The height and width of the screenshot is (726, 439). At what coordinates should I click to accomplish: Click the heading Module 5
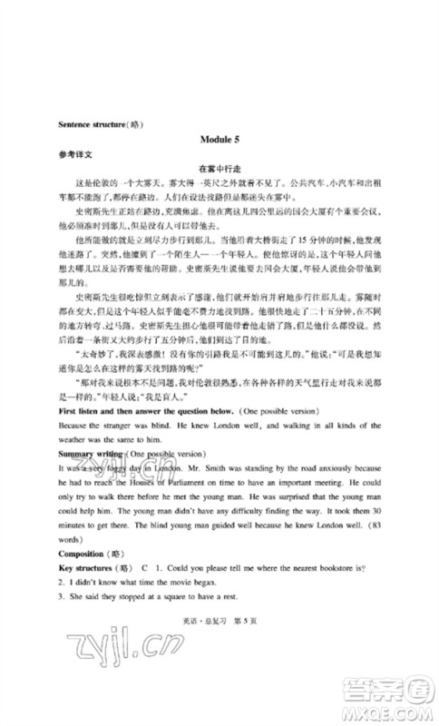pos(221,138)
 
